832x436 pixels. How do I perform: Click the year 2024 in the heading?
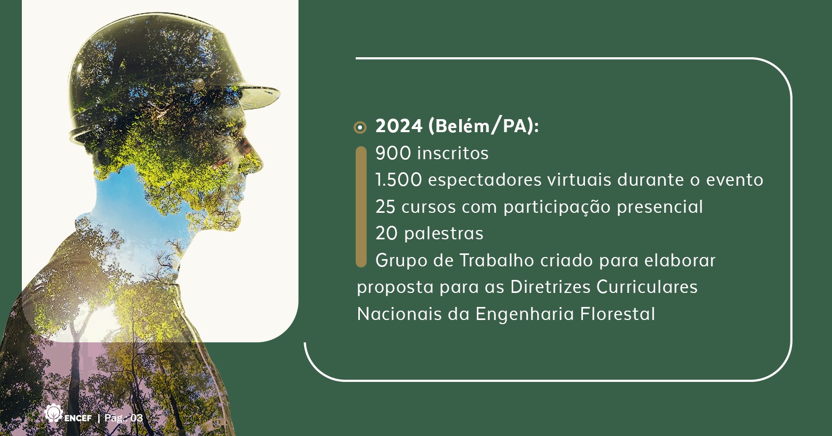tap(399, 126)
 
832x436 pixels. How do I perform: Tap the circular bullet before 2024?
tap(360, 127)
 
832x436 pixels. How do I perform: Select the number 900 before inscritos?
tap(393, 153)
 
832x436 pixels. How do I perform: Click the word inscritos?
tap(453, 153)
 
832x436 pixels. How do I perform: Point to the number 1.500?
tap(398, 180)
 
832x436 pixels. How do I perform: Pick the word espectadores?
tap(485, 181)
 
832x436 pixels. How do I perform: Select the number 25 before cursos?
tap(385, 207)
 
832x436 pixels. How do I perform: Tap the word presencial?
tap(660, 208)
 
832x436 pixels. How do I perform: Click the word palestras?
tap(444, 234)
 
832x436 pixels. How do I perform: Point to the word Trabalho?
tap(497, 260)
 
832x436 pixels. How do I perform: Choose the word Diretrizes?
tap(551, 287)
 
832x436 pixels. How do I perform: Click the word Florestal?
tap(617, 314)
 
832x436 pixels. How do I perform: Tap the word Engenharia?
tap(525, 314)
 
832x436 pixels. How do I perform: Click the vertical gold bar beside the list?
tap(361, 207)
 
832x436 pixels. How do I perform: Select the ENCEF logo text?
tap(77, 418)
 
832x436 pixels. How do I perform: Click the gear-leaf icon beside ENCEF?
tap(53, 413)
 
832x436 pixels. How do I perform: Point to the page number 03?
tap(137, 418)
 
